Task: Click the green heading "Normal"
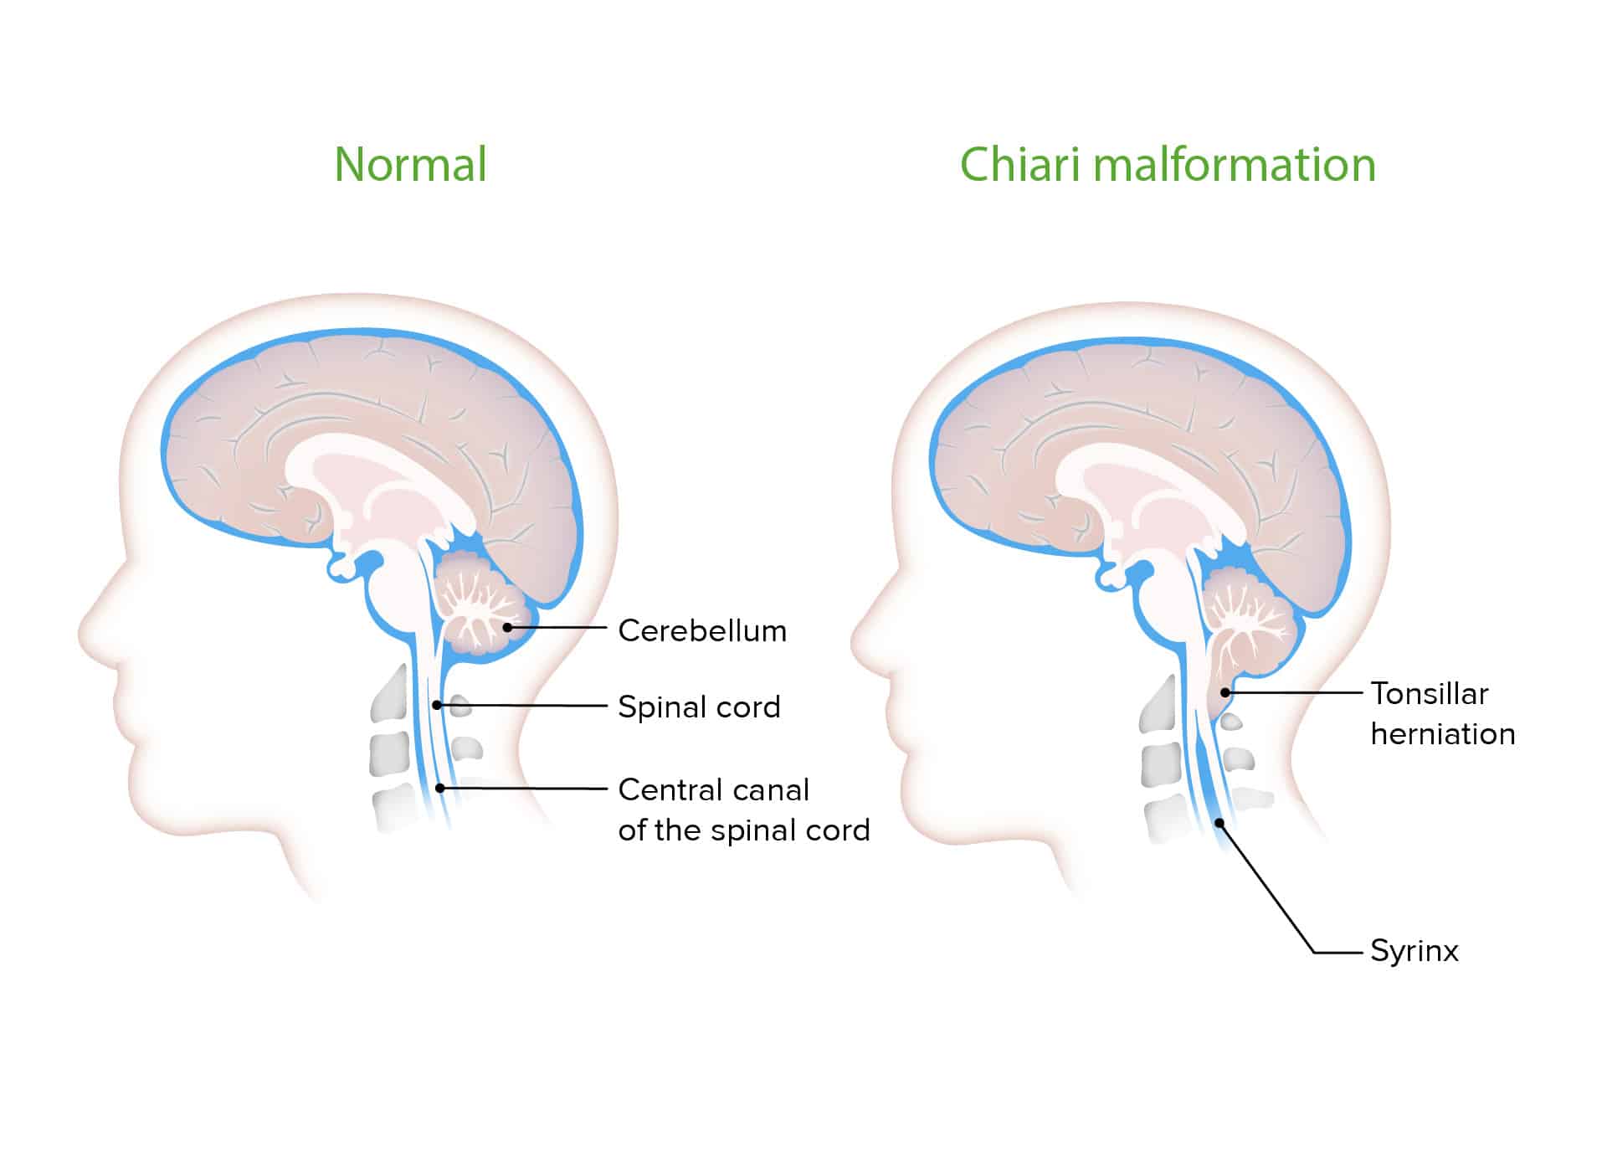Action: coord(410,165)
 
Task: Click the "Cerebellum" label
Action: coord(702,630)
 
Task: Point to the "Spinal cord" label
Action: coord(699,707)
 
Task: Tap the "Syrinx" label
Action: coord(1414,951)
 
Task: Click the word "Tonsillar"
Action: coord(1430,694)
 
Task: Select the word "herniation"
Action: coord(1443,734)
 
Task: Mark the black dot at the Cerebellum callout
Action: coord(507,627)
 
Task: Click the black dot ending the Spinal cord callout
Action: coord(437,706)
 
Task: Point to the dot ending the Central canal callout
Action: coord(440,788)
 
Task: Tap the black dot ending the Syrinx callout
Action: coord(1220,823)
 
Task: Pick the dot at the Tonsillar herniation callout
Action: coord(1225,692)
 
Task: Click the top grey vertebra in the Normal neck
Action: coord(390,692)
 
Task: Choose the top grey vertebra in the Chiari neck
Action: coord(1159,703)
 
